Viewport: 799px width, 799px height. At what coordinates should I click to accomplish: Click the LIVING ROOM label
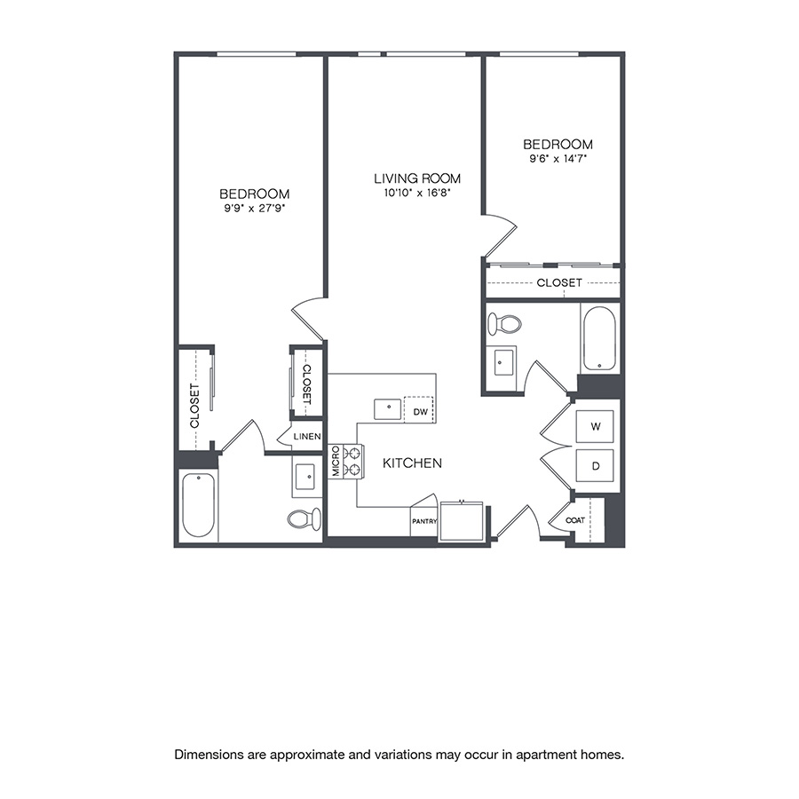click(417, 178)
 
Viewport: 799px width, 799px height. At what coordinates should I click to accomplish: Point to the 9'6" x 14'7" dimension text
click(558, 159)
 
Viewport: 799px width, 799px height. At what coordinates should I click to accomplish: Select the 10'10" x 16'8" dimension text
click(417, 193)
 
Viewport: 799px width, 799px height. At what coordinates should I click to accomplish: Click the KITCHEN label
click(412, 463)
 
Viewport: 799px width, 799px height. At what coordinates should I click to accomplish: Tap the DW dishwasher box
click(420, 411)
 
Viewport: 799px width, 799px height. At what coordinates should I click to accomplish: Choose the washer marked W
click(597, 427)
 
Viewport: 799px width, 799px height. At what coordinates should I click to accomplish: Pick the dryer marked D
click(597, 465)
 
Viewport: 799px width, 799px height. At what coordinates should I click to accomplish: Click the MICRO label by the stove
click(336, 462)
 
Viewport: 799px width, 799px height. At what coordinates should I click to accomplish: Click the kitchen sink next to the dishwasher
click(388, 409)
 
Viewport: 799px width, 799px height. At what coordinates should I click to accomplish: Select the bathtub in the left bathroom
click(198, 506)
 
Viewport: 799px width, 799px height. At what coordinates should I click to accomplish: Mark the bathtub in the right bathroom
click(598, 339)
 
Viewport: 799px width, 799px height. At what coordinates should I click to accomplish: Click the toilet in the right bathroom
click(504, 324)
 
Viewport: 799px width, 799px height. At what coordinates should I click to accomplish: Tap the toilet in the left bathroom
click(303, 518)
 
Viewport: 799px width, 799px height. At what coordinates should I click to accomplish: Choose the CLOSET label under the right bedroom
click(559, 282)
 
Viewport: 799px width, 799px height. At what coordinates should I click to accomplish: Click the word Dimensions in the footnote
click(210, 755)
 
